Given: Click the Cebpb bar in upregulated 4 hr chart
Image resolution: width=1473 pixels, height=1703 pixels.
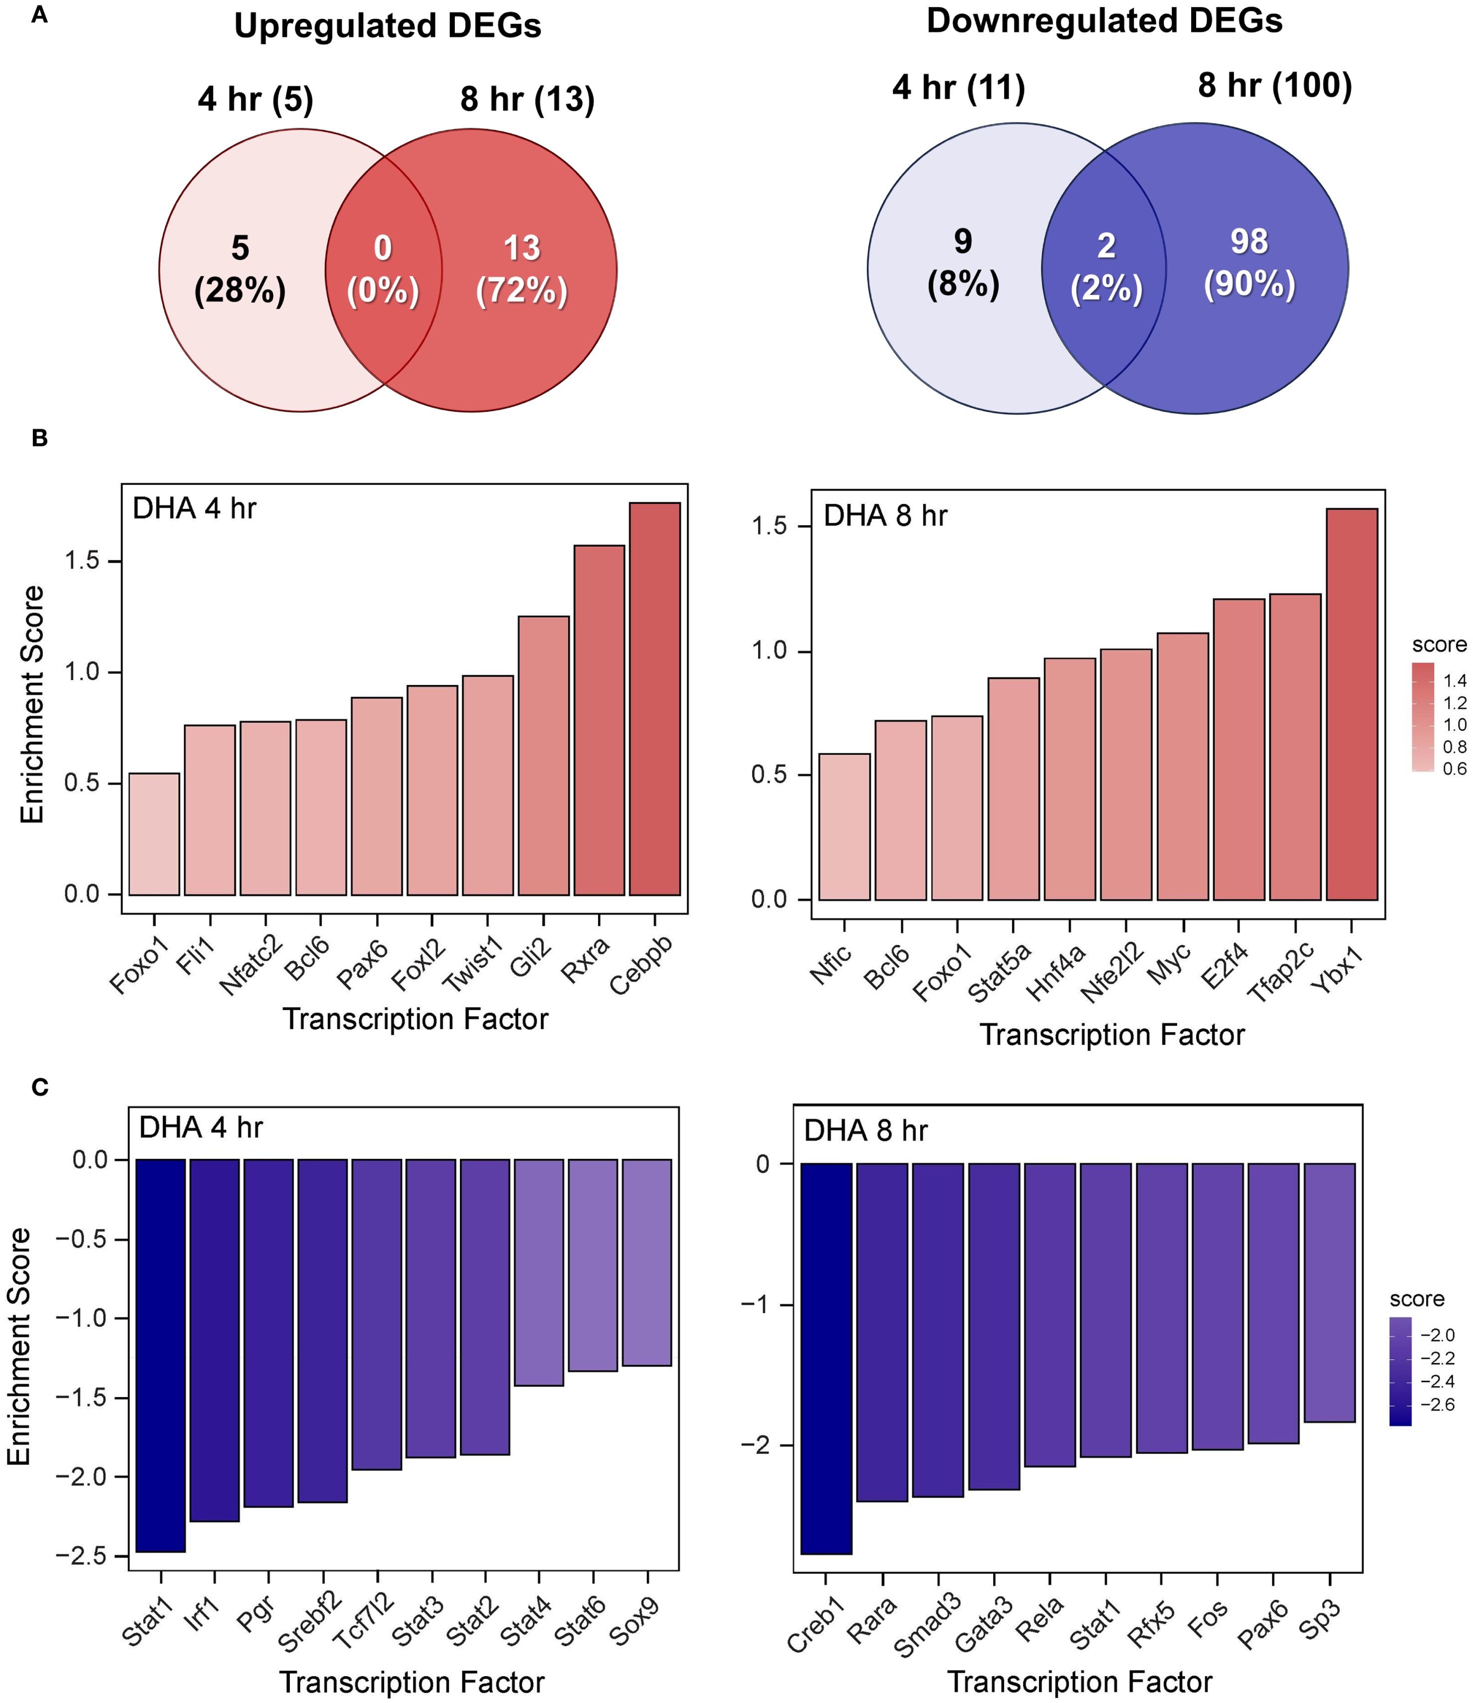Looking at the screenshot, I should pyautogui.click(x=654, y=699).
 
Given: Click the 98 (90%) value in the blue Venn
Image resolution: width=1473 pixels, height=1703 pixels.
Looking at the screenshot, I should pyautogui.click(x=1250, y=262).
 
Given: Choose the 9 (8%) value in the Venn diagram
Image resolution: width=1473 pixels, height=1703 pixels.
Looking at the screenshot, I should pyautogui.click(x=963, y=262).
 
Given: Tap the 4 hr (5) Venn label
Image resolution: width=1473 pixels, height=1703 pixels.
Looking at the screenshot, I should pyautogui.click(x=255, y=99).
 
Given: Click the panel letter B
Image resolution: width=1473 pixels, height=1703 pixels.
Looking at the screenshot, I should pyautogui.click(x=39, y=438).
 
